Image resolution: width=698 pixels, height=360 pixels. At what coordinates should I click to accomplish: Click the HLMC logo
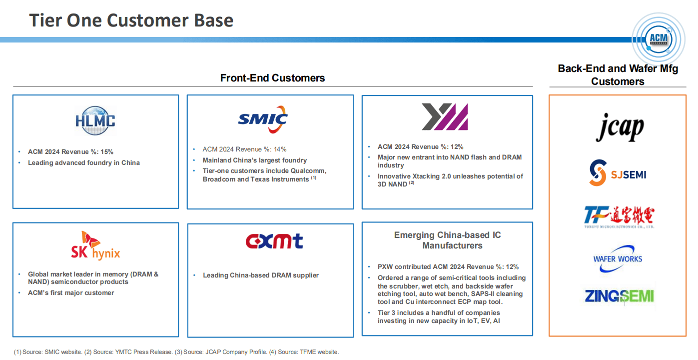(x=95, y=120)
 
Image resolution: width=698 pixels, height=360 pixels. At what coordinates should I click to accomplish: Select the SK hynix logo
(x=95, y=245)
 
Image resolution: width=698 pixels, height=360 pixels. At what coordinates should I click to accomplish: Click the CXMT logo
(x=274, y=241)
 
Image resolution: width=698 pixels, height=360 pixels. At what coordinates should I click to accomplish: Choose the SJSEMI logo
(x=618, y=173)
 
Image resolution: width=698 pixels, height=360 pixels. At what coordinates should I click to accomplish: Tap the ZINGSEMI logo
(x=620, y=296)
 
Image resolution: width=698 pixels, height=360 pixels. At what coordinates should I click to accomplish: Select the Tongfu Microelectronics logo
(x=619, y=217)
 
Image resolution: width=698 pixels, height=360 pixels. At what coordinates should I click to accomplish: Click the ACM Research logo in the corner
(x=659, y=37)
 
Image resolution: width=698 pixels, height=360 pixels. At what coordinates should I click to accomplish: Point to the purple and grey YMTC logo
(x=445, y=116)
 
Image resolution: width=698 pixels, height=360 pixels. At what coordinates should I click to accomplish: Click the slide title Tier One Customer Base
(x=131, y=20)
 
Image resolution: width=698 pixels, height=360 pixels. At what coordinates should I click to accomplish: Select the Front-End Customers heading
(x=272, y=78)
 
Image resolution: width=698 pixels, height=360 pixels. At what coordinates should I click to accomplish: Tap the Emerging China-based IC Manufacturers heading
(x=447, y=240)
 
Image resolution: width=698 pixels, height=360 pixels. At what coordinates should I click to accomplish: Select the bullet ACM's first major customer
(x=71, y=292)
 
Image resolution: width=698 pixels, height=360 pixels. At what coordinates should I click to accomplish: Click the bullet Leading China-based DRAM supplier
(x=260, y=275)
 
